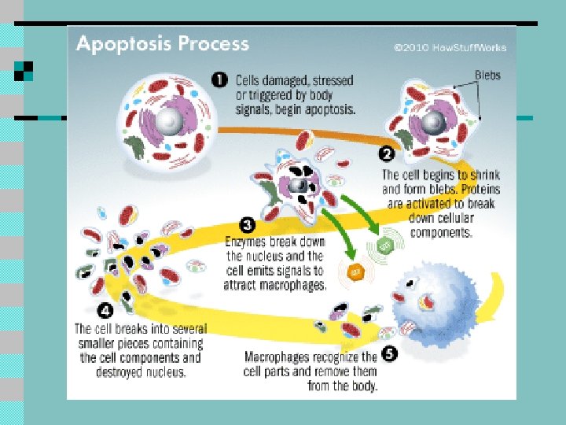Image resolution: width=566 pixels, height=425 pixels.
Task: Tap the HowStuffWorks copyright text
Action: (x=450, y=47)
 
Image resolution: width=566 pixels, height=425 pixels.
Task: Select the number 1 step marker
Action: (x=222, y=80)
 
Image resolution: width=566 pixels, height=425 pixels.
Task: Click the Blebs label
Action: (x=487, y=76)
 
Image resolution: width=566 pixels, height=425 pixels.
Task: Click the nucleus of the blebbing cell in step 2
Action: (x=432, y=121)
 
